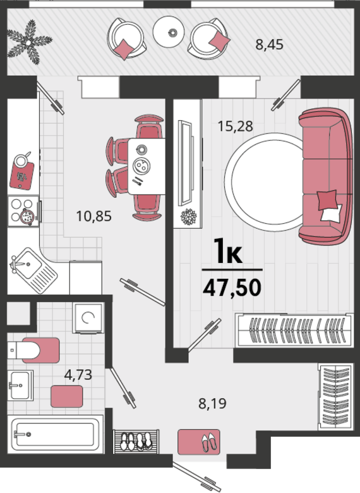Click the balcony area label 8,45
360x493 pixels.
pyautogui.click(x=269, y=45)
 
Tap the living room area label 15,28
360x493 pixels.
pyautogui.click(x=236, y=126)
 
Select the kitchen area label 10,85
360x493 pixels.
pyautogui.click(x=94, y=216)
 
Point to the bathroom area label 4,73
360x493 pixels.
pyautogui.click(x=78, y=374)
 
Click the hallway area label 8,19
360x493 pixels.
pyautogui.click(x=212, y=403)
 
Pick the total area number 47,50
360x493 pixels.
pyautogui.click(x=232, y=288)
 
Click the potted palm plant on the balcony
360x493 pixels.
pyautogui.click(x=29, y=42)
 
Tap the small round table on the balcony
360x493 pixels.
pyautogui.click(x=169, y=32)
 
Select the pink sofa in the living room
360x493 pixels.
pyautogui.click(x=325, y=176)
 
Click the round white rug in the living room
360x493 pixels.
pyautogui.click(x=264, y=183)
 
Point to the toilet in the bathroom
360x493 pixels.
pyautogui.click(x=33, y=350)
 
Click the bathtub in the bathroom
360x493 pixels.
pyautogui.click(x=56, y=434)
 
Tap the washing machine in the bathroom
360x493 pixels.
pyautogui.click(x=88, y=317)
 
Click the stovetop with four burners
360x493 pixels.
pyautogui.click(x=23, y=210)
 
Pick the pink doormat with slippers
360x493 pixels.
pyautogui.click(x=199, y=442)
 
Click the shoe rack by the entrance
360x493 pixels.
pyautogui.click(x=136, y=441)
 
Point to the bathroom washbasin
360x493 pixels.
pyautogui.click(x=20, y=385)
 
